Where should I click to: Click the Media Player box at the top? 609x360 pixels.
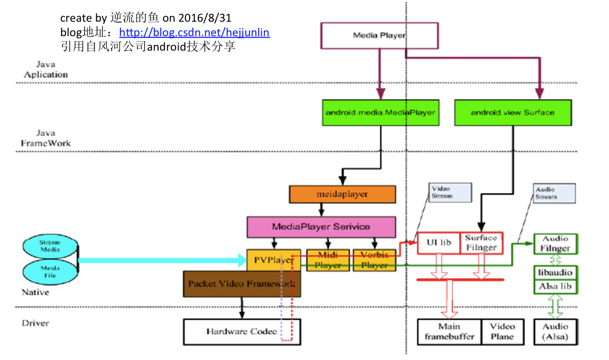click(380, 36)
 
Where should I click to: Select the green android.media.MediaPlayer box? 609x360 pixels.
click(380, 113)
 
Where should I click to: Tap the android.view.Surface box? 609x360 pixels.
click(512, 113)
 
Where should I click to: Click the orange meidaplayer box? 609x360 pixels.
click(342, 194)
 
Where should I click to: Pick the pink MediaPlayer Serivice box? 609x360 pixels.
click(321, 227)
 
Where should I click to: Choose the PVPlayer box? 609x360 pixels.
click(273, 260)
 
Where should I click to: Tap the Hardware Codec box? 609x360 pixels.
click(241, 332)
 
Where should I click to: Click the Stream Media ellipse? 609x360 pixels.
click(50, 245)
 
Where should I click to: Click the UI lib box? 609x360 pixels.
click(438, 242)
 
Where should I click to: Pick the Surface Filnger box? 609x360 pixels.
click(481, 242)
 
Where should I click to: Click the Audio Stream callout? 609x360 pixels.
click(554, 193)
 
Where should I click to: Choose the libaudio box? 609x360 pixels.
click(555, 272)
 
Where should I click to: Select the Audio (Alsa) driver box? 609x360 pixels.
click(555, 332)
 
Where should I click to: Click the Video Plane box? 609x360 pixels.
click(502, 332)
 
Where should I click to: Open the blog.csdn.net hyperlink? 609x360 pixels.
click(194, 33)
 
